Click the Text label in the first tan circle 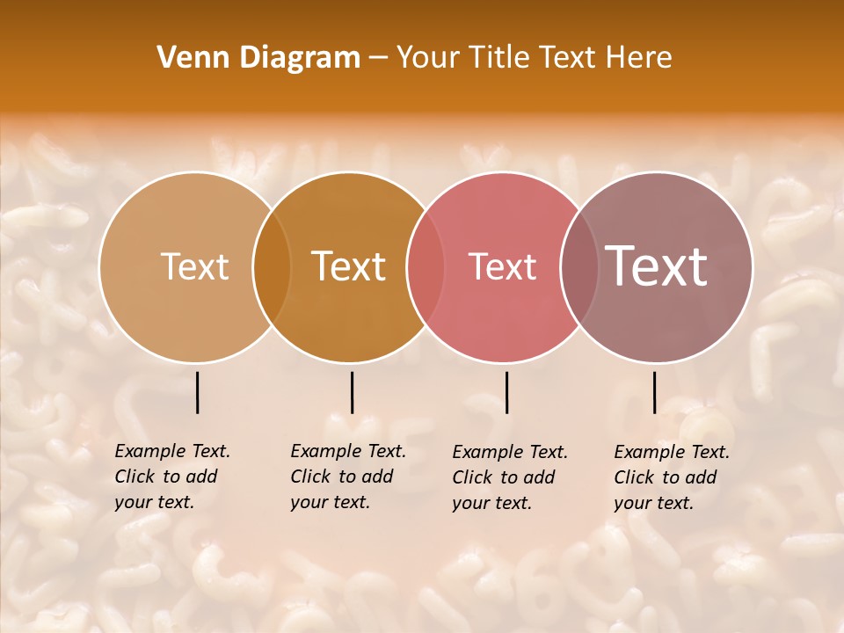tap(194, 266)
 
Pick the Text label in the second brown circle tap(349, 266)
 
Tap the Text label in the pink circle tap(502, 266)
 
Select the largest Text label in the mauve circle tap(657, 266)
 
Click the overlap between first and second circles tap(272, 266)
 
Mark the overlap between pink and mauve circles tap(578, 266)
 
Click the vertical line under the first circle tap(197, 392)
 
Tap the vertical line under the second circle tap(352, 392)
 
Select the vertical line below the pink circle tap(506, 392)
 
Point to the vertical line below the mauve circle tap(654, 392)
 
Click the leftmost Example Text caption tap(172, 477)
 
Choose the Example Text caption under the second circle tap(348, 477)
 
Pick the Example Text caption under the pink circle tap(510, 477)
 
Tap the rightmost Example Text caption tap(672, 477)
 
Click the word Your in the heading tap(428, 58)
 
